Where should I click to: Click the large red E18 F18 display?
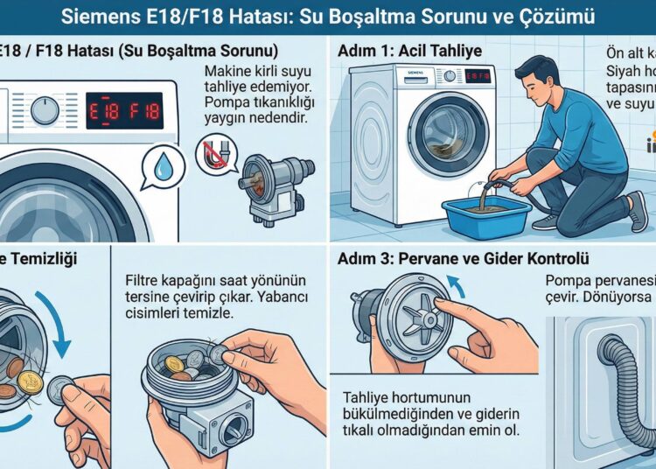point(123,110)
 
